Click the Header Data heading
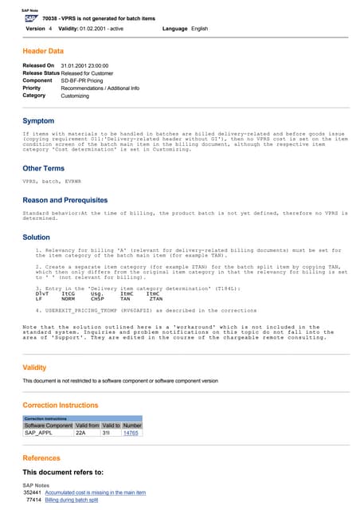point(45,50)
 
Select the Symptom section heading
point(38,120)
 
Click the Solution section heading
point(37,237)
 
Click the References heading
point(42,458)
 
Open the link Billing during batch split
point(71,500)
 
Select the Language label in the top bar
point(174,28)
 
